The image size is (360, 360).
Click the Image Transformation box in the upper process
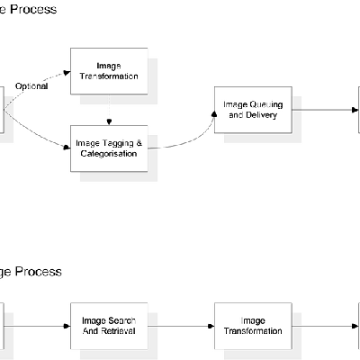(x=109, y=71)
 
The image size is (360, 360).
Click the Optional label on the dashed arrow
(x=32, y=87)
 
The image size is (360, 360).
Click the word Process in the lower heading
(x=39, y=271)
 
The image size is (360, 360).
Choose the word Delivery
(x=260, y=115)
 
